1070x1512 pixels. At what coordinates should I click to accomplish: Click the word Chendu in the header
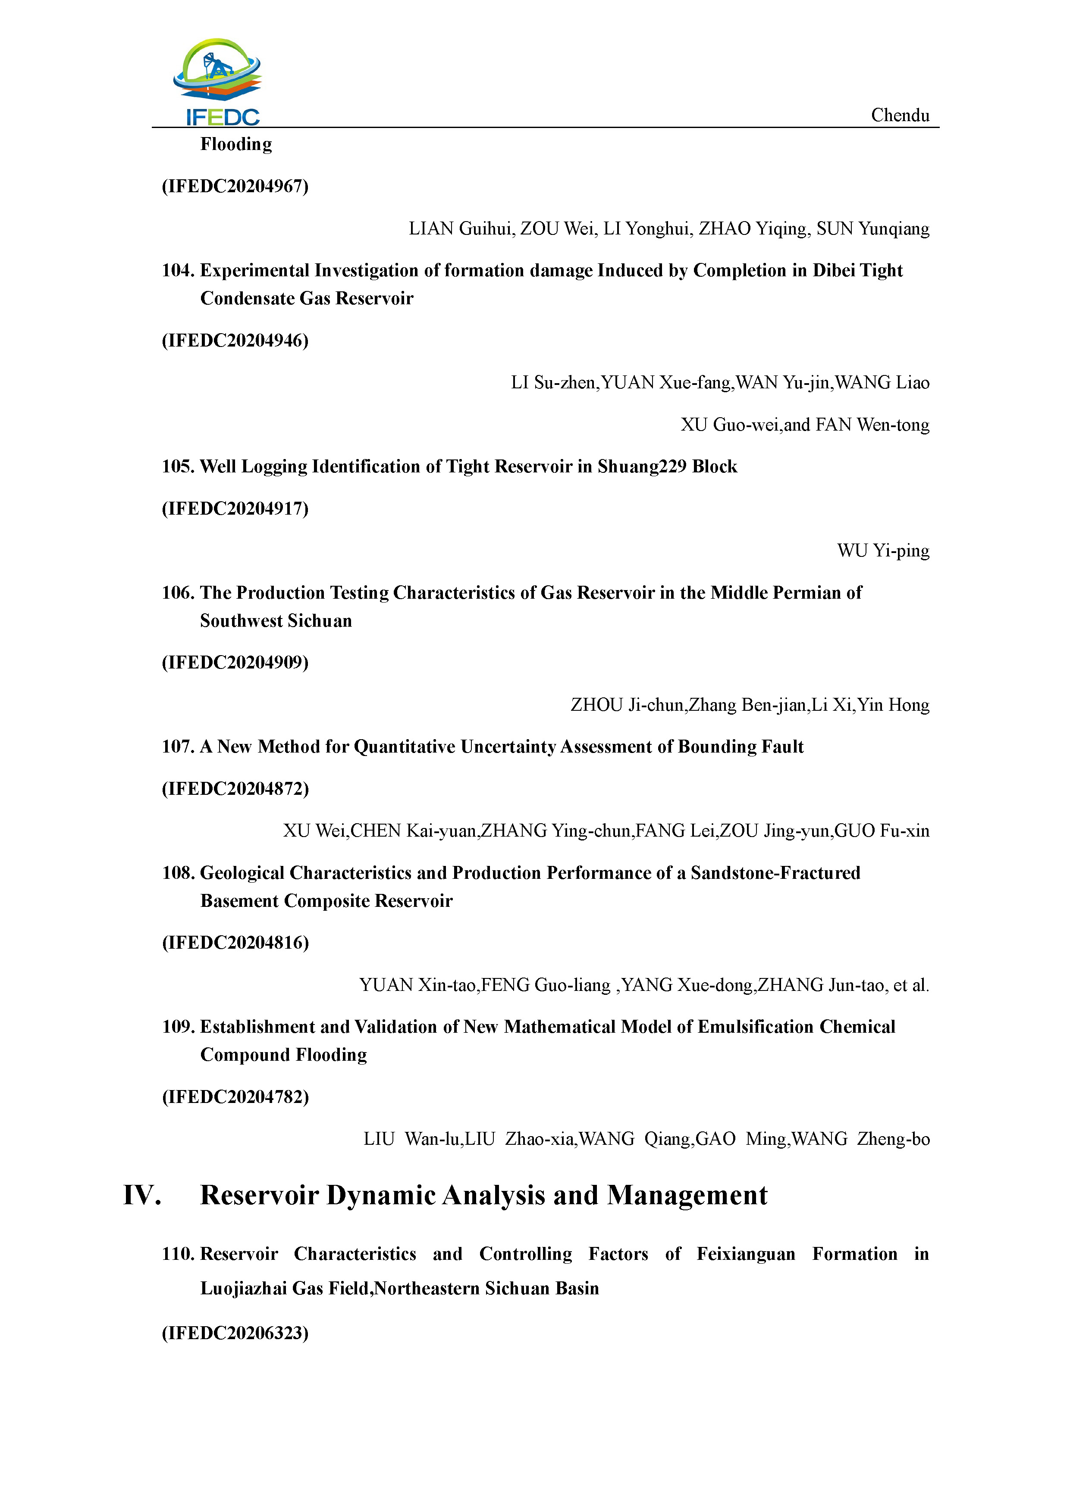pyautogui.click(x=900, y=115)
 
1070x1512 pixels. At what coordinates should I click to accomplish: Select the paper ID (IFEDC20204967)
pyautogui.click(x=235, y=186)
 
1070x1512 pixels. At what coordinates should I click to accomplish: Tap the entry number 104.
pyautogui.click(x=177, y=271)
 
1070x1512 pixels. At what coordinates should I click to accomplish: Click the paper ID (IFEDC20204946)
pyautogui.click(x=235, y=341)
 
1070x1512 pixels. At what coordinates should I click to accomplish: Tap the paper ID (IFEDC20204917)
pyautogui.click(x=235, y=509)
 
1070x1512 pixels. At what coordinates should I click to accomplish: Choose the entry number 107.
pyautogui.click(x=177, y=747)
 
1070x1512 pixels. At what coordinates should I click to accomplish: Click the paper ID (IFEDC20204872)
pyautogui.click(x=235, y=789)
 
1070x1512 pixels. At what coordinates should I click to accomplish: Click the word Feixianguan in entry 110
pyautogui.click(x=746, y=1254)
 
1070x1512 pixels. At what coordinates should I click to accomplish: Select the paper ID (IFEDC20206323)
pyautogui.click(x=235, y=1333)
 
